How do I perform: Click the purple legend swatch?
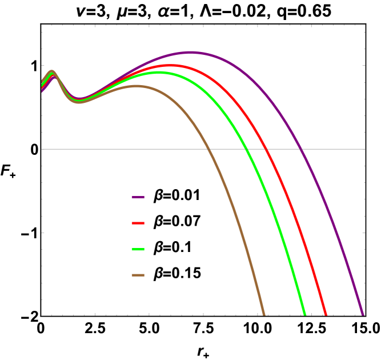coord(138,197)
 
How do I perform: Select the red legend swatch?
coord(138,223)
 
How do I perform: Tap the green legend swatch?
coord(138,250)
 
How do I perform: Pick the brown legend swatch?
coord(138,275)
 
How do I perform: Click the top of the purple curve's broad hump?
coord(191,53)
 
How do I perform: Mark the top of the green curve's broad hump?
coord(158,73)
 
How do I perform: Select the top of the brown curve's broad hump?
coord(137,86)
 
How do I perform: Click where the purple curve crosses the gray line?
coord(300,149)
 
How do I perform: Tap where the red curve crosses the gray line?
coord(266,149)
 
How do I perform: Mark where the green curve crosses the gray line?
coord(247,149)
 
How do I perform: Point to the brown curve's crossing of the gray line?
coord(208,149)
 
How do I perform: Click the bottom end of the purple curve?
coord(362,314)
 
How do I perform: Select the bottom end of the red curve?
coord(326,314)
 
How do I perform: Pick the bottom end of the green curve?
coord(305,314)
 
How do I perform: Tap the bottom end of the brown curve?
coord(264,314)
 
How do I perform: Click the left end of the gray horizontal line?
coord(42,149)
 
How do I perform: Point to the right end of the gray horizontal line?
coord(364,149)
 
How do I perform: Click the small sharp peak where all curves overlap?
coord(53,72)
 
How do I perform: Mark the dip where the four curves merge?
coord(79,101)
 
